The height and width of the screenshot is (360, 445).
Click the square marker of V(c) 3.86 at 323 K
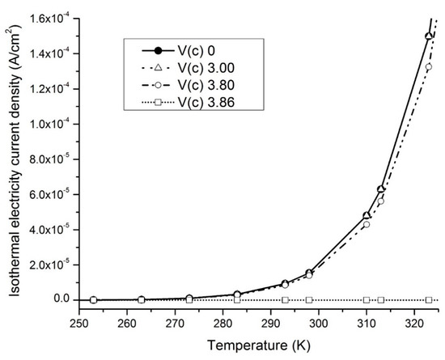coord(429,300)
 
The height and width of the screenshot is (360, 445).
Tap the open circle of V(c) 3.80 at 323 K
coord(429,67)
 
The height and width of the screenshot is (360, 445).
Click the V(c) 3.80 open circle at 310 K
coord(366,224)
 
